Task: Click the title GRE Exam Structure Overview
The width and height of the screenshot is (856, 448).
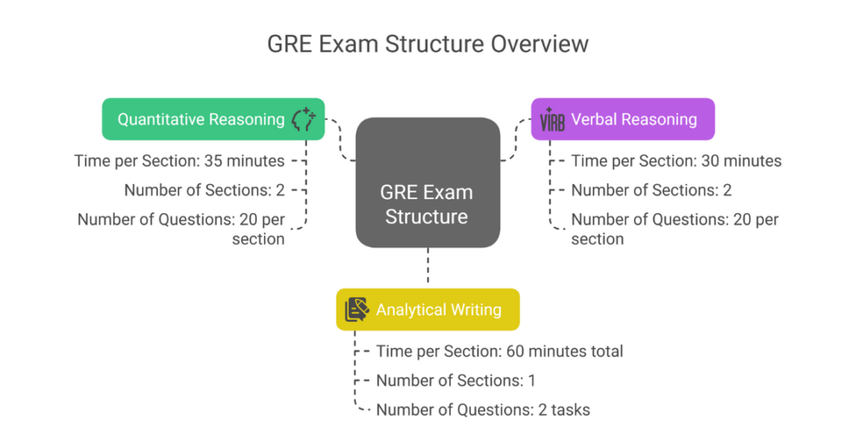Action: (427, 43)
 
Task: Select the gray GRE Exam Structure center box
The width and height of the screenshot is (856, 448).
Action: (427, 182)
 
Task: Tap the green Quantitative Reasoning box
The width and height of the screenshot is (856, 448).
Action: (213, 119)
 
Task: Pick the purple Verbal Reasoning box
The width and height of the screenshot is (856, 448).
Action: (622, 119)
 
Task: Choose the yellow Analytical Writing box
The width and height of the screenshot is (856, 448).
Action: (428, 309)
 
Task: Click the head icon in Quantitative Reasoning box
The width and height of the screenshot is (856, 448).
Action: (303, 119)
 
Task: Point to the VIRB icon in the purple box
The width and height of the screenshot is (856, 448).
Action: (552, 121)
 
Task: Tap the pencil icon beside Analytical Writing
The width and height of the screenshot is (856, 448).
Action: (357, 309)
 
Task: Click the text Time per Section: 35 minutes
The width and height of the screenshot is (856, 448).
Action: (179, 161)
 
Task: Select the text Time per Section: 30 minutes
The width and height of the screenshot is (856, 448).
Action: (676, 161)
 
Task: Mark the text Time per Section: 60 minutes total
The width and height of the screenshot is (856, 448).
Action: (499, 350)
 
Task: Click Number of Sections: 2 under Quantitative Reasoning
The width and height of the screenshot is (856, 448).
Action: (204, 190)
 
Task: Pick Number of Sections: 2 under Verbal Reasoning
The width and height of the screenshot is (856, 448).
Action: (651, 190)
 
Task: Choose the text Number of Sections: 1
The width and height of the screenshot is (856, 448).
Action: (456, 381)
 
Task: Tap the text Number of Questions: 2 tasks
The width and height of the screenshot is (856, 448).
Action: (483, 410)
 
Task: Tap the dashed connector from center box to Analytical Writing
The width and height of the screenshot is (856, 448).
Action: (428, 266)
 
